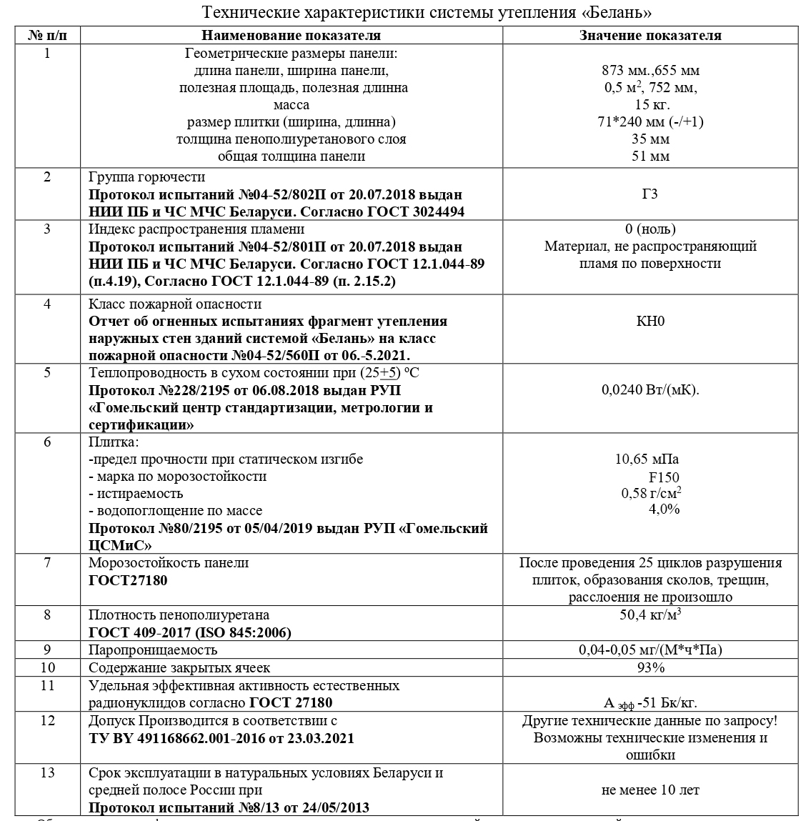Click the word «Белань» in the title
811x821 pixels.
[618, 14]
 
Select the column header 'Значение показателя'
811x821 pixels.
[650, 36]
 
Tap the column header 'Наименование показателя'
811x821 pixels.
[291, 36]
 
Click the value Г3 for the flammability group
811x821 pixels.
[650, 194]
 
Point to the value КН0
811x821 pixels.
[650, 321]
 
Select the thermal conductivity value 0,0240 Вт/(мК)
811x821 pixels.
[650, 390]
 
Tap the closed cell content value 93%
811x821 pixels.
[650, 667]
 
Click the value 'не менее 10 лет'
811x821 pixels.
[650, 790]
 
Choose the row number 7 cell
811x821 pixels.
[47, 563]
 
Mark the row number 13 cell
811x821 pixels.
[47, 773]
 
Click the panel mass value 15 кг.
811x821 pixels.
[650, 104]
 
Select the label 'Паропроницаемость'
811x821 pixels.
[153, 650]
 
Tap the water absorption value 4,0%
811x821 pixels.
[664, 509]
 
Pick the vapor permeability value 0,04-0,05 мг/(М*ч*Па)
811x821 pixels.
[650, 650]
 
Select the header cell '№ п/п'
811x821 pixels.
[47, 36]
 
